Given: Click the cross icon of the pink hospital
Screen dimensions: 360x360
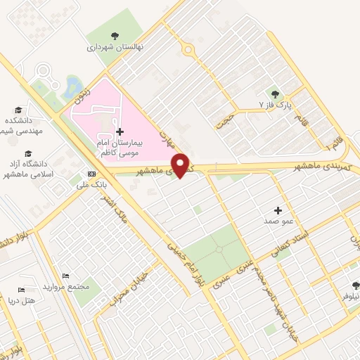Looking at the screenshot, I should pyautogui.click(x=120, y=131).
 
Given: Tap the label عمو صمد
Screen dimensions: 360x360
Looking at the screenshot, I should pyautogui.click(x=278, y=221).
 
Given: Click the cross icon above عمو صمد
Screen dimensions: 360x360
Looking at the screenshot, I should pyautogui.click(x=278, y=210).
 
